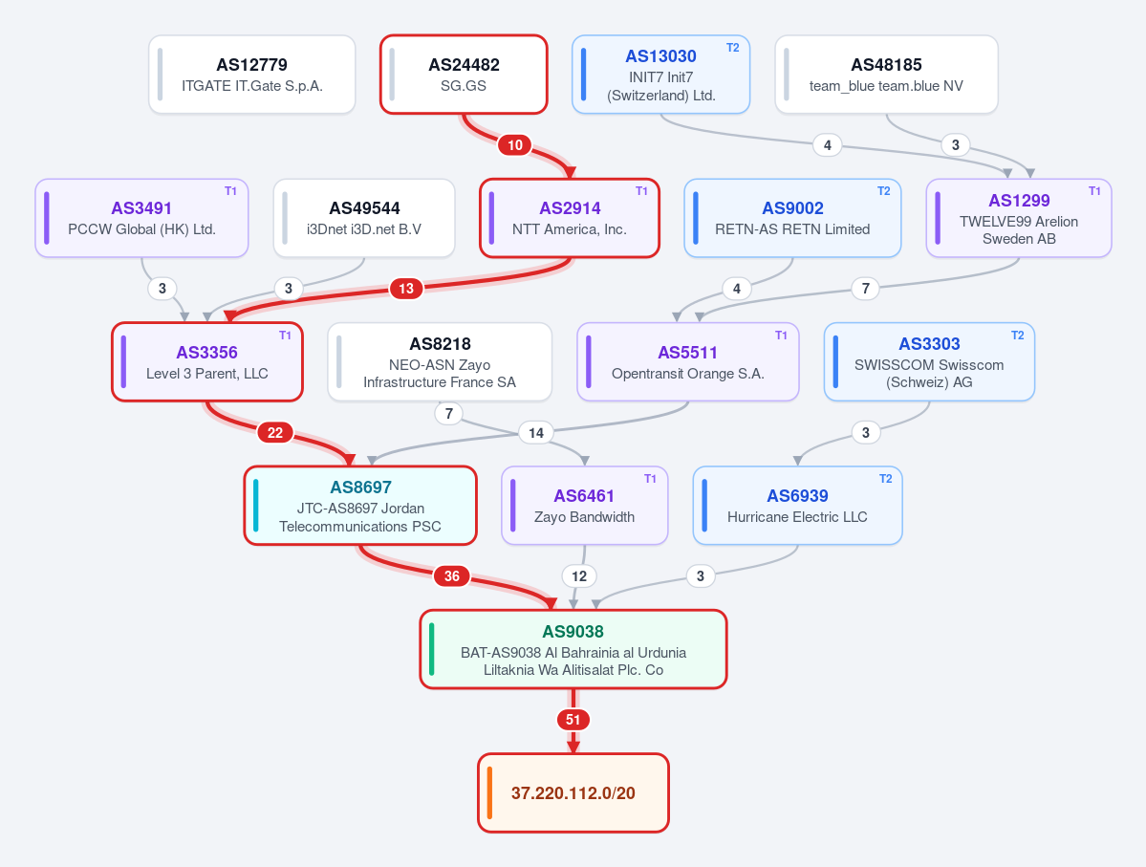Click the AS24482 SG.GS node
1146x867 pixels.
click(464, 75)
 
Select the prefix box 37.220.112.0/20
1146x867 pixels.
click(573, 792)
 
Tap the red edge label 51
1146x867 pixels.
click(573, 720)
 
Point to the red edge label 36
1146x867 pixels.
click(452, 576)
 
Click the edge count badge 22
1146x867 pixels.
click(275, 433)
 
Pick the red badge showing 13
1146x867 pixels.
click(405, 289)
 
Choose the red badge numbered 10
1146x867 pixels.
click(515, 144)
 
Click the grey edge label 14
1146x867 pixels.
click(536, 433)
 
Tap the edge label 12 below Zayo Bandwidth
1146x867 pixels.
click(579, 576)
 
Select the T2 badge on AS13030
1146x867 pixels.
click(732, 48)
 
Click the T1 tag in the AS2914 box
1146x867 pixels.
click(641, 191)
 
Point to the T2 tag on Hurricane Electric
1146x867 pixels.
click(885, 479)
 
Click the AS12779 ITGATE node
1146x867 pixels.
click(252, 75)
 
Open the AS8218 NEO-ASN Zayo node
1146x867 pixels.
click(440, 362)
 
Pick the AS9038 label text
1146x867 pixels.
click(573, 632)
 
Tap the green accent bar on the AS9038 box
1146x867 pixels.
click(432, 649)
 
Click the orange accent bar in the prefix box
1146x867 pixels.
click(489, 792)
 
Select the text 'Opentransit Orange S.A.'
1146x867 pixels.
click(688, 374)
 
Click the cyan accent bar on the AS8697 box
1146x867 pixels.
click(256, 505)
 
